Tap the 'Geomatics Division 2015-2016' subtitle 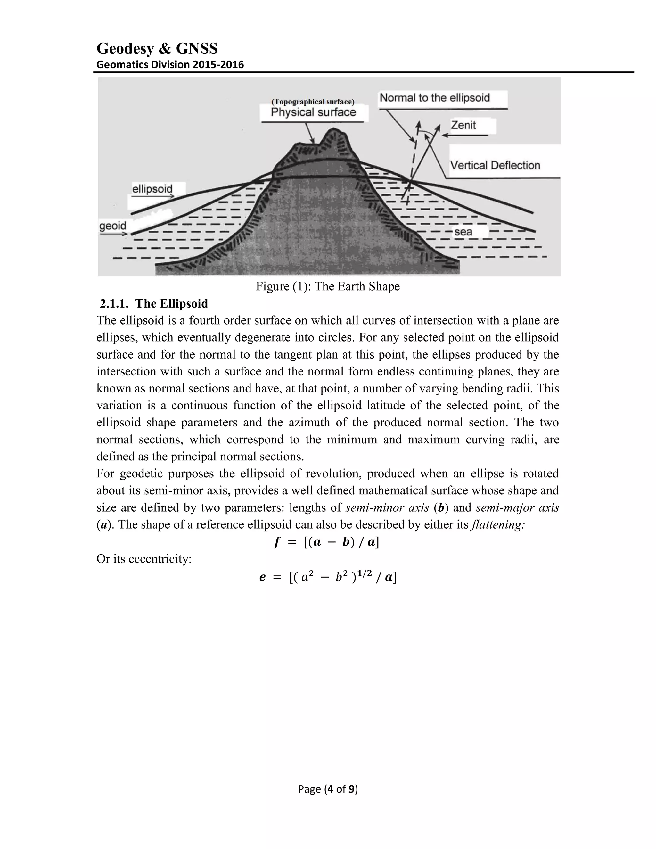170,64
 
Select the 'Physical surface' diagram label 313,112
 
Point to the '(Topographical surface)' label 313,102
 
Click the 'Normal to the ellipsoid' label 434,98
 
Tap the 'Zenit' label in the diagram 463,125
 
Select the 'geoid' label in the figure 113,226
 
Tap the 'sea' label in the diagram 463,232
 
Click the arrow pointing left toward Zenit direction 465,135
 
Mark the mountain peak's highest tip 333,129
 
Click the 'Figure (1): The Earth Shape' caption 328,286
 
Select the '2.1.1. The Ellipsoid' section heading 154,304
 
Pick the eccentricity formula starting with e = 328,577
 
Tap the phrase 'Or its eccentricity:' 144,559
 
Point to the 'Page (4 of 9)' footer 328,789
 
